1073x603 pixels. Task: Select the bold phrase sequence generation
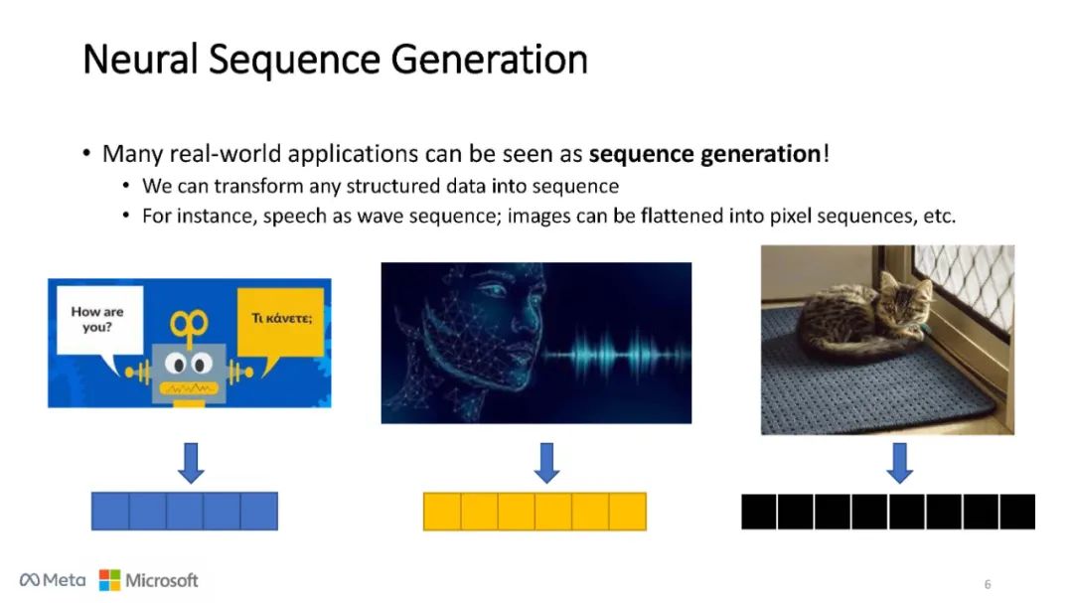pos(704,154)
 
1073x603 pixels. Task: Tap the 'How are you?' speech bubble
pos(96,319)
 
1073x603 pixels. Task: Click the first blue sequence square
pos(110,511)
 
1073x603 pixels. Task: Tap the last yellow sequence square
pos(627,511)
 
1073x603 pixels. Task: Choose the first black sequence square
pos(759,511)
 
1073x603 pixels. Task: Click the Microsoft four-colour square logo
pos(109,580)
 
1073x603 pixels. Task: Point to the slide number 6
pos(988,584)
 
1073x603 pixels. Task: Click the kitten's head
pos(905,298)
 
